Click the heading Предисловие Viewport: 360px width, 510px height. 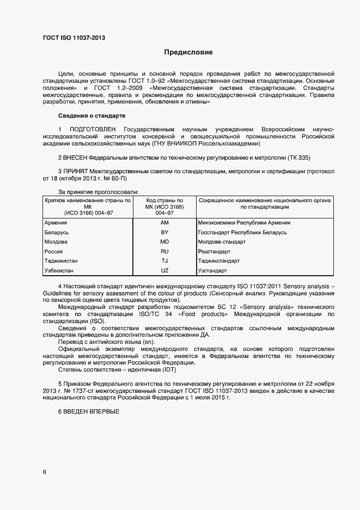(188, 52)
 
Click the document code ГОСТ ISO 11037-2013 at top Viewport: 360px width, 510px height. (74, 38)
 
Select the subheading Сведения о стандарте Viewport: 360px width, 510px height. (91, 116)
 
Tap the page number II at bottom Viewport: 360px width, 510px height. (44, 472)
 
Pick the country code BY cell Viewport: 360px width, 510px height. (164, 233)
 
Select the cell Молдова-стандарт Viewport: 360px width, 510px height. (222, 242)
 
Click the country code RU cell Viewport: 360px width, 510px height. (164, 252)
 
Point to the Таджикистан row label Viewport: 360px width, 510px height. (61, 261)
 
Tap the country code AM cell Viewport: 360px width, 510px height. (164, 223)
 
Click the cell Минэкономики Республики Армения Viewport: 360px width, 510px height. (244, 223)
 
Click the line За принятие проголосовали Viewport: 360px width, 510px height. (98, 192)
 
